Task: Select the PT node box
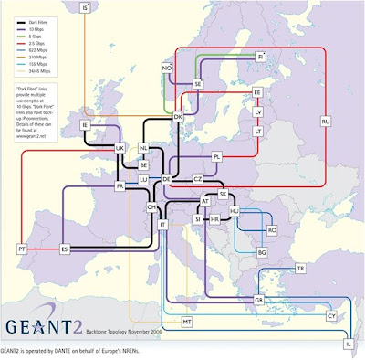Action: click(x=21, y=249)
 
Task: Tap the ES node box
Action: click(x=65, y=249)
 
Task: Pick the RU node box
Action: click(x=324, y=121)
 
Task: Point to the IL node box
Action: click(x=348, y=344)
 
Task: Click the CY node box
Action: click(x=331, y=315)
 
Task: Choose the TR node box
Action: click(x=300, y=269)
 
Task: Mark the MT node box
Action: click(x=187, y=323)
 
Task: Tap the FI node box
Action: click(x=260, y=56)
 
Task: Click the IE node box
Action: click(x=85, y=124)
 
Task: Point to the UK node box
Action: click(x=120, y=147)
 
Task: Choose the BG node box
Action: click(x=262, y=251)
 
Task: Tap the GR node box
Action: click(x=258, y=300)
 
